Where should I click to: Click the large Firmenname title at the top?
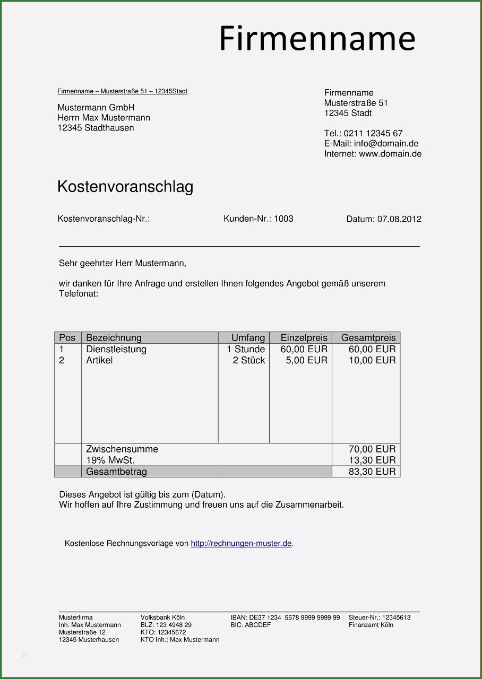pyautogui.click(x=317, y=38)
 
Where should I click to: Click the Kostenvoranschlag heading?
pyautogui.click(x=125, y=187)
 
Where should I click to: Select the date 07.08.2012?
pyautogui.click(x=399, y=219)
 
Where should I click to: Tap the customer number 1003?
pyautogui.click(x=283, y=219)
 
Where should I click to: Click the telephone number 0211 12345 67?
pyautogui.click(x=373, y=134)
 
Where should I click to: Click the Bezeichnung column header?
pyautogui.click(x=114, y=338)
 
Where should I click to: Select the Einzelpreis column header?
pyautogui.click(x=304, y=338)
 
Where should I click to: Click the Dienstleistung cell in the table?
pyautogui.click(x=116, y=349)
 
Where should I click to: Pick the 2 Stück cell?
pyautogui.click(x=248, y=360)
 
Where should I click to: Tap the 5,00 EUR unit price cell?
pyautogui.click(x=307, y=360)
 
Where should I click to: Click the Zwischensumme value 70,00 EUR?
pyautogui.click(x=372, y=449)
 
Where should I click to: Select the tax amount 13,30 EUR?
pyautogui.click(x=372, y=460)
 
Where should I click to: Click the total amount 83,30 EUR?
pyautogui.click(x=372, y=472)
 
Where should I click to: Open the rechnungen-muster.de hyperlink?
pyautogui.click(x=241, y=544)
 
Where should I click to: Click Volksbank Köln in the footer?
pyautogui.click(x=162, y=617)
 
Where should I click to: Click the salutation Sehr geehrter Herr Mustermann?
pyautogui.click(x=123, y=263)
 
